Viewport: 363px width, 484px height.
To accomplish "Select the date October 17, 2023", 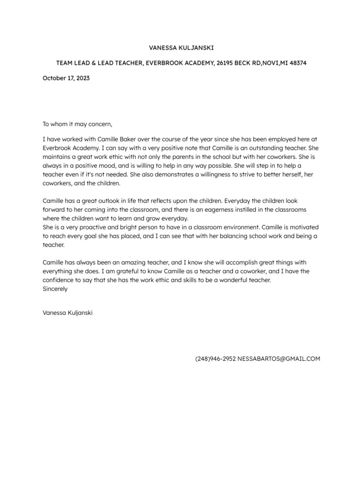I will tap(66, 78).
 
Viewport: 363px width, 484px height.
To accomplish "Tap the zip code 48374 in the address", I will tap(297, 63).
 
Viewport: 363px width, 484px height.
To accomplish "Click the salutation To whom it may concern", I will tap(78, 124).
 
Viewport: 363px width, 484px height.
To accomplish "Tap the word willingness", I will tap(225, 174).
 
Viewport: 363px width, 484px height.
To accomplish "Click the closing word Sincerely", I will tap(55, 289).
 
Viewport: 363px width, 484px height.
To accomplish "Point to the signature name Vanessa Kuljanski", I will tap(68, 313).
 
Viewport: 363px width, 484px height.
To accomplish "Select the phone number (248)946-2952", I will tap(215, 359).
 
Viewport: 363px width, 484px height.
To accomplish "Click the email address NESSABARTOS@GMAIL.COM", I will tap(279, 359).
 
